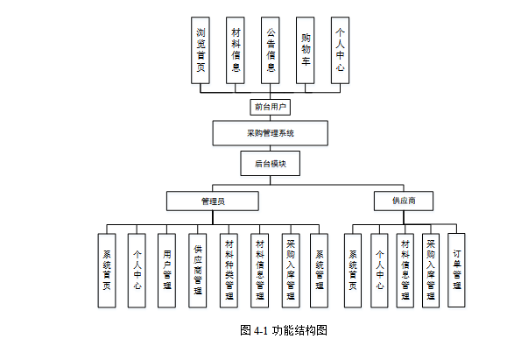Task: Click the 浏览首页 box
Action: tap(201, 50)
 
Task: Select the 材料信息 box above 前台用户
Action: tap(236, 50)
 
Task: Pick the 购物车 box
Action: tap(305, 50)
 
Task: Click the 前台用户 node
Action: tap(271, 107)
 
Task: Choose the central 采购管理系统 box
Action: tap(271, 133)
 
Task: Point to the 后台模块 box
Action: tap(271, 163)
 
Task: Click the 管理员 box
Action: tap(213, 201)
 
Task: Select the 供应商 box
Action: tap(404, 201)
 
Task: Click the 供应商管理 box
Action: tap(198, 270)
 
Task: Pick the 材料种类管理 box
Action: tap(229, 270)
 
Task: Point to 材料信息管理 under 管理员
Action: tap(260, 270)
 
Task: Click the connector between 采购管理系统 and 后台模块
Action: tap(271, 148)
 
